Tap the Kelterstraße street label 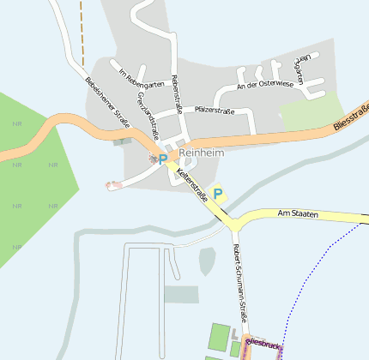coord(193,184)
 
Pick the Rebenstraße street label coord(177,93)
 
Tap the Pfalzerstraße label coord(215,111)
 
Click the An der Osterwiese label coord(265,85)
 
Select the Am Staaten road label coord(298,213)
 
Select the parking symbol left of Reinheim coord(163,159)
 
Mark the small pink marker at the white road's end coord(110,184)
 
